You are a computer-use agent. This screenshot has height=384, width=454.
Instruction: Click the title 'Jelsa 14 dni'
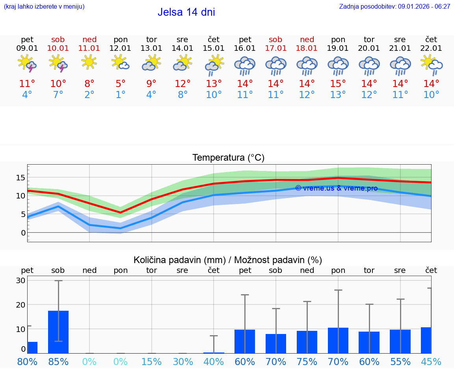click(186, 12)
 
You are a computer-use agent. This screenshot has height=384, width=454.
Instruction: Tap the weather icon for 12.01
click(120, 63)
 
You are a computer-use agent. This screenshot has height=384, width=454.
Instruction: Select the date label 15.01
click(213, 48)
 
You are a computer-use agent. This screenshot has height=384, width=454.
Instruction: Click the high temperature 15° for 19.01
click(338, 84)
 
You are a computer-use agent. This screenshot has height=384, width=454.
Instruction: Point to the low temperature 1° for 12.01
click(120, 95)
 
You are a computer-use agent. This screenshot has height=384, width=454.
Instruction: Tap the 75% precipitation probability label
click(307, 362)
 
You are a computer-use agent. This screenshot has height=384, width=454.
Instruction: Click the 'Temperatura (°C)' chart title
click(228, 158)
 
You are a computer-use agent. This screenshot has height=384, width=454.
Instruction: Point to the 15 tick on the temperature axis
click(20, 178)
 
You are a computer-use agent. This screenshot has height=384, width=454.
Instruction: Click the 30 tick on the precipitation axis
click(20, 281)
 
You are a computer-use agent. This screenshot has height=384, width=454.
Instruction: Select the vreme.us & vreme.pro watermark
click(336, 188)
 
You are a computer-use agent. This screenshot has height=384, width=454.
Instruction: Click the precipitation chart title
click(228, 260)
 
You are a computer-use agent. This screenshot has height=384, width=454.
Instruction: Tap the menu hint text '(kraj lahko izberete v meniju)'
click(44, 7)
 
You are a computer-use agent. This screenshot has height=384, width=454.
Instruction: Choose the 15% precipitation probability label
click(151, 362)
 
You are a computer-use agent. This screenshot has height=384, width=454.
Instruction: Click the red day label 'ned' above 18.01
click(307, 39)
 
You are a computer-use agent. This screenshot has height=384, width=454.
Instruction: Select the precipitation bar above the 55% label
click(400, 341)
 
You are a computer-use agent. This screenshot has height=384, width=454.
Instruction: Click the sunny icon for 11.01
click(89, 62)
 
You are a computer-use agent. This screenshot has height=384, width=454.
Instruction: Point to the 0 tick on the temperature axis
click(23, 232)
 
